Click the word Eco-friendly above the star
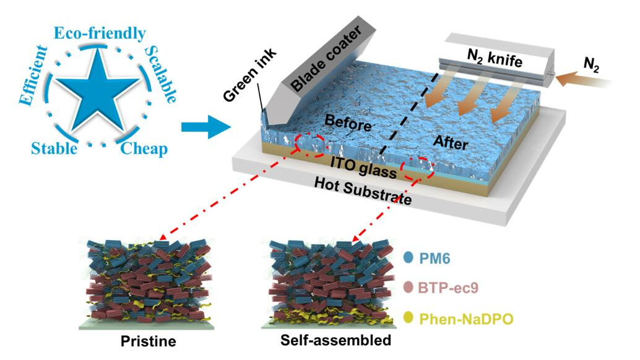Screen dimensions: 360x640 click(x=100, y=33)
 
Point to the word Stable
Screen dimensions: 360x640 click(x=54, y=149)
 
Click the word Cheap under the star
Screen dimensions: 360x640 click(x=144, y=149)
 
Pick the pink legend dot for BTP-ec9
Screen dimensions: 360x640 click(x=407, y=287)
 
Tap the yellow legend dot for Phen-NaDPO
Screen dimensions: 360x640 click(x=407, y=318)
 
